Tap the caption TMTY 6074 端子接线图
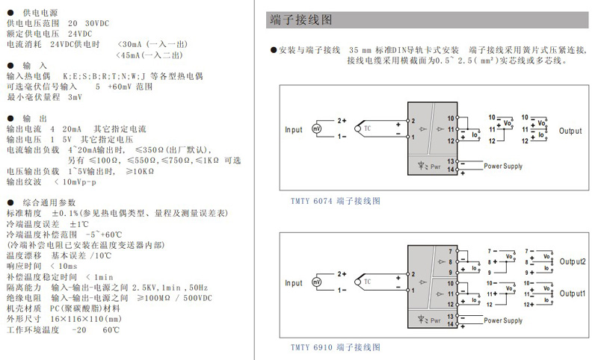[335, 201]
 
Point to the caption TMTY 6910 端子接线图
[335, 347]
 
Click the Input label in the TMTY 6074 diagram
[294, 130]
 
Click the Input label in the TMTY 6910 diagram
[294, 283]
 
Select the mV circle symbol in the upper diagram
[316, 130]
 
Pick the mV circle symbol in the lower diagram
[316, 283]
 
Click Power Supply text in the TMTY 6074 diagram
[503, 166]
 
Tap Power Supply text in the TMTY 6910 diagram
[503, 320]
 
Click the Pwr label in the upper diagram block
[435, 167]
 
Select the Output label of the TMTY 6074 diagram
[570, 131]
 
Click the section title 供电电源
[38, 13]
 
